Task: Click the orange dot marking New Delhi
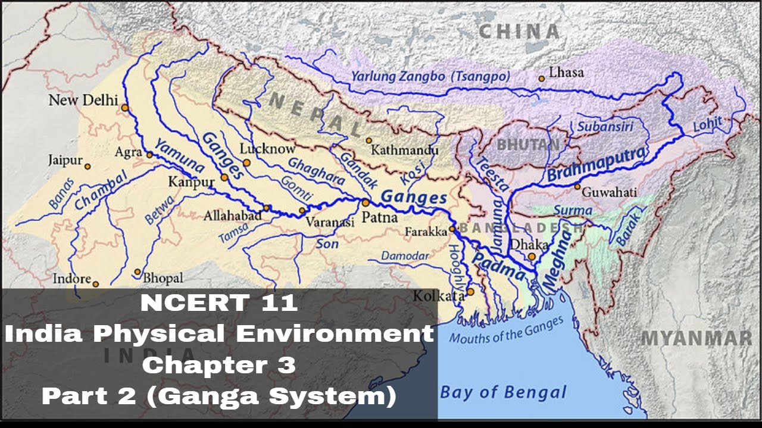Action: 124,108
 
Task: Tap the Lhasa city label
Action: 566,73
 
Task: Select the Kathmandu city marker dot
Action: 369,141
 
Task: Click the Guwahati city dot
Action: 577,187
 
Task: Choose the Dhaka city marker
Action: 532,256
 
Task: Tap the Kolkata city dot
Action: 470,291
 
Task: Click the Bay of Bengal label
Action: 503,392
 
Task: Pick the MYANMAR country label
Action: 696,338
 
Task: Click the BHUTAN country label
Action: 528,144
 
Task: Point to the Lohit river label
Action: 707,125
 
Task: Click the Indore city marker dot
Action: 95,284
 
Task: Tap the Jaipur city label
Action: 65,160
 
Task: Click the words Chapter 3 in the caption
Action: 218,365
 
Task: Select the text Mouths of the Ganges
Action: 505,331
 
